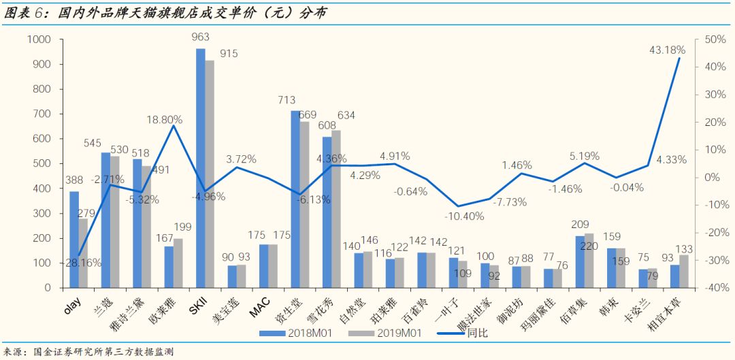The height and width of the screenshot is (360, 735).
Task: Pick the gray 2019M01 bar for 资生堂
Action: pyautogui.click(x=304, y=205)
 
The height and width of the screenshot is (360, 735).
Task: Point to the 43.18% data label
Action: pyautogui.click(x=667, y=50)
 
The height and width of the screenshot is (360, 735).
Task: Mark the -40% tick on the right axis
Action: pyautogui.click(x=715, y=288)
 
